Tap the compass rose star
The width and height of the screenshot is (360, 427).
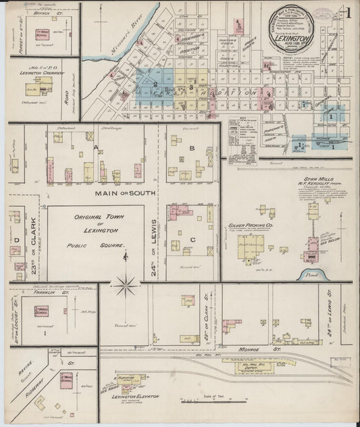(x=126, y=286)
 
